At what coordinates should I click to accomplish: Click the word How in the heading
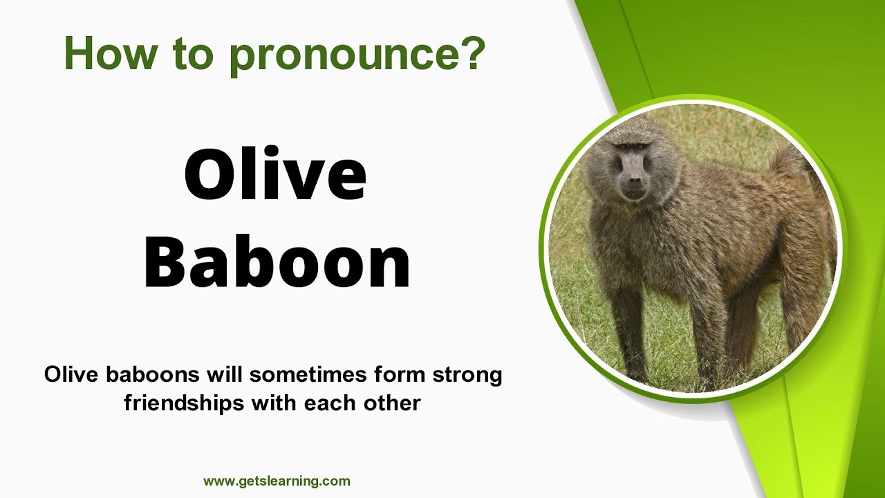point(109,53)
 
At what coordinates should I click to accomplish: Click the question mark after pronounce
point(472,53)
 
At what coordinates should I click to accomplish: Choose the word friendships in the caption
point(185,403)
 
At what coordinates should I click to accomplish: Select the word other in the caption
point(393,403)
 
